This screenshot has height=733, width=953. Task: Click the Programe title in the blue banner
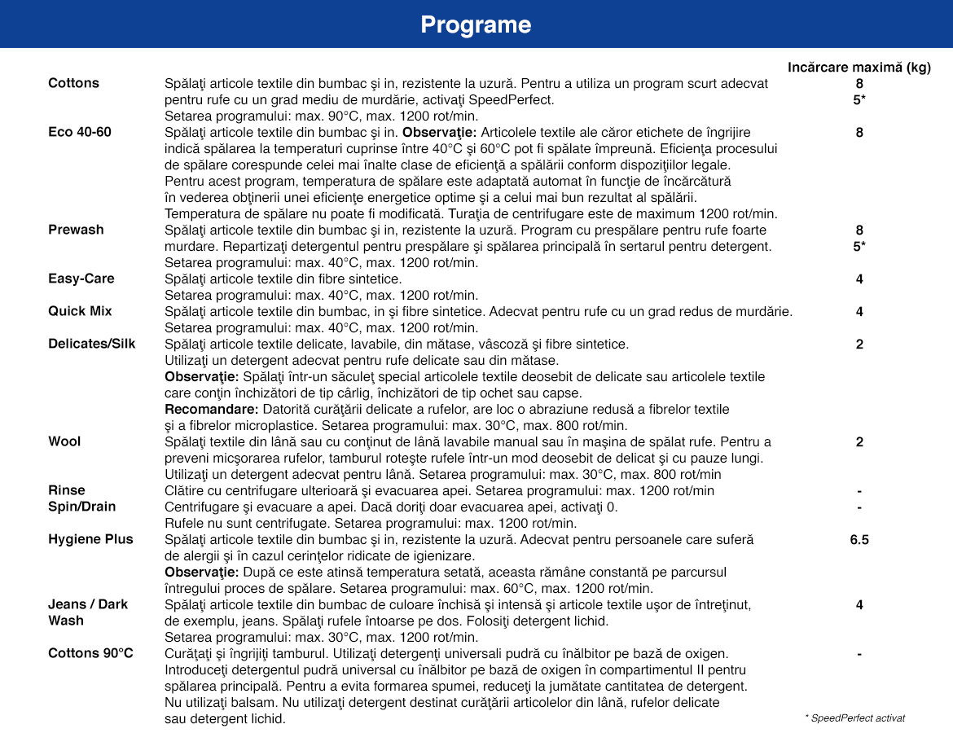click(x=476, y=25)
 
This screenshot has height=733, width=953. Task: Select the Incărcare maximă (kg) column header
click(x=859, y=68)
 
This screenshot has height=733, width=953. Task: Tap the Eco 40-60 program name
click(x=80, y=132)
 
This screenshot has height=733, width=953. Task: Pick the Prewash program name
click(x=76, y=230)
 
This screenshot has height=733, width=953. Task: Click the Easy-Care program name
click(x=81, y=279)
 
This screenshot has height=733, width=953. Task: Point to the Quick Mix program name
click(x=80, y=311)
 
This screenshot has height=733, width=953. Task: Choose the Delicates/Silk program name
click(x=92, y=344)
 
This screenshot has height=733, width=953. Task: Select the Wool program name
click(x=64, y=441)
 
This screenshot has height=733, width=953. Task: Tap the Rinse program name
click(x=67, y=490)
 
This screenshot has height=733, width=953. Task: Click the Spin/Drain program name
click(x=81, y=507)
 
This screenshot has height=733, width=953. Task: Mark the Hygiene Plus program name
click(x=90, y=539)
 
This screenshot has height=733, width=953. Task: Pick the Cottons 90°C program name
click(x=90, y=653)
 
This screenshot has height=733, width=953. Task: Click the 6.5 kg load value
click(x=859, y=539)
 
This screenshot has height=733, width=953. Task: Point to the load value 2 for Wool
click(x=859, y=441)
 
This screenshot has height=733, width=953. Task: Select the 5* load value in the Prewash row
click(x=859, y=246)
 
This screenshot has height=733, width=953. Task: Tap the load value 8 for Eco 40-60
click(x=859, y=132)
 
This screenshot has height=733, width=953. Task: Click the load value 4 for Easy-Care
click(x=859, y=279)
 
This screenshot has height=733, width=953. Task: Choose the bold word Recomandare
click(x=211, y=409)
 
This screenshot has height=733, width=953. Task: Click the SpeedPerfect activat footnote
click(x=854, y=718)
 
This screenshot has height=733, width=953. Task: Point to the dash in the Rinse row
click(x=859, y=490)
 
